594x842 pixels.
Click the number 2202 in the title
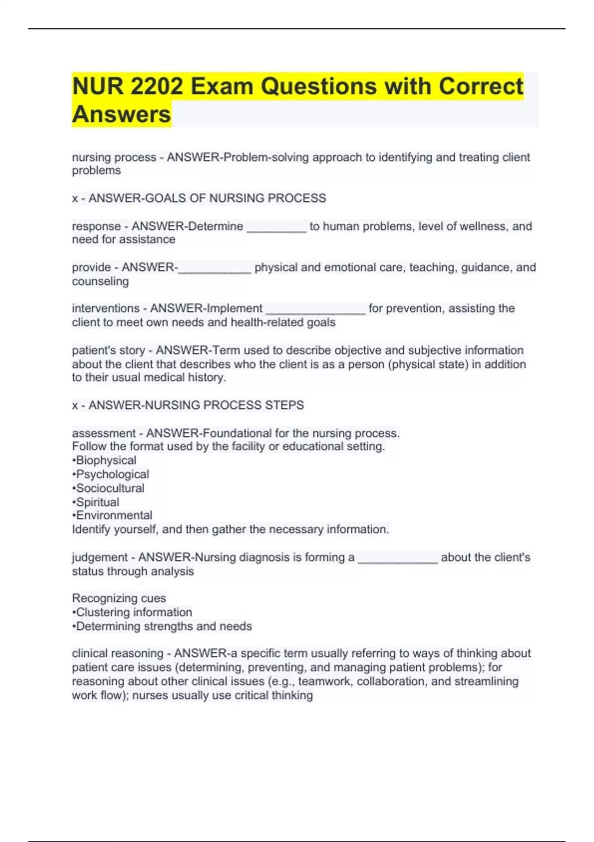coord(157,87)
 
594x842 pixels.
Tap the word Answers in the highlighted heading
coord(121,114)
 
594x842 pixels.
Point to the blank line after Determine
coord(277,227)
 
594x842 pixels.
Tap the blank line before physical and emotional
coord(215,268)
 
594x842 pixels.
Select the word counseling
coord(100,281)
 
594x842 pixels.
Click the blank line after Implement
coord(316,309)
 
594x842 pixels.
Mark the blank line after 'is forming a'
coord(397,558)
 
